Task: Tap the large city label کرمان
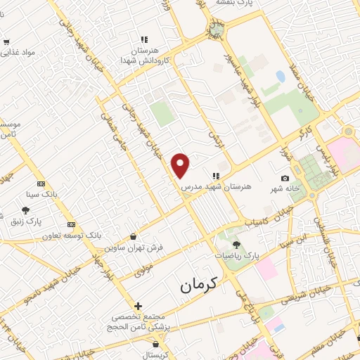(199, 283)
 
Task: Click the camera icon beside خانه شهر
(285, 179)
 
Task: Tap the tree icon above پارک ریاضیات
(236, 244)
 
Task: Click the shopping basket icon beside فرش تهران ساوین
(134, 238)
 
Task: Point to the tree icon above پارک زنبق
(26, 210)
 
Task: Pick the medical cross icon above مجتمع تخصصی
(138, 307)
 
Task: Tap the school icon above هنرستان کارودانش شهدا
(144, 39)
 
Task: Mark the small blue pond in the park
(281, 76)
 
